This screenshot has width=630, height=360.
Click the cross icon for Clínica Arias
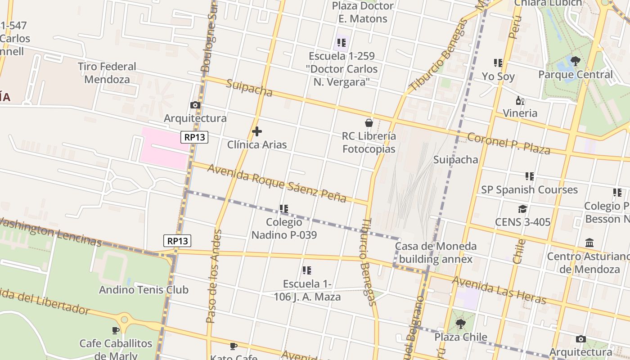257,131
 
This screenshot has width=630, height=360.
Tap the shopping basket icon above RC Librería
369,122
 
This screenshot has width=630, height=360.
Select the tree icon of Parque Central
575,61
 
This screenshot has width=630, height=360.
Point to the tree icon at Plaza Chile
460,324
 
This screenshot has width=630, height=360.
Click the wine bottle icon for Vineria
520,100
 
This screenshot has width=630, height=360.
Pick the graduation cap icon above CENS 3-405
522,209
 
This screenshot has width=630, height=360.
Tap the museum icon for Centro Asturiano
589,243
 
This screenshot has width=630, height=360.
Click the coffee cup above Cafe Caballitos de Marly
116,330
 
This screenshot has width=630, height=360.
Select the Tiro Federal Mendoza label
107,73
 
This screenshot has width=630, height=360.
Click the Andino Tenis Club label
144,290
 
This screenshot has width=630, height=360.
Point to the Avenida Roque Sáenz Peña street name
276,183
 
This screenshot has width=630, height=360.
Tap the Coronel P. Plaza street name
508,144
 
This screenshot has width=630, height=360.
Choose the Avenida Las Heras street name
499,291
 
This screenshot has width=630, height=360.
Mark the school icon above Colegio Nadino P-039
283,209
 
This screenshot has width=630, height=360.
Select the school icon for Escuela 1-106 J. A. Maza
307,270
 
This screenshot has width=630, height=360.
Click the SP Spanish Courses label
529,189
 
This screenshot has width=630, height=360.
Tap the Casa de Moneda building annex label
435,252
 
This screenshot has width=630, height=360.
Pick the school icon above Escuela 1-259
342,43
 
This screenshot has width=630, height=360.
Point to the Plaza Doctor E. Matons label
363,12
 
